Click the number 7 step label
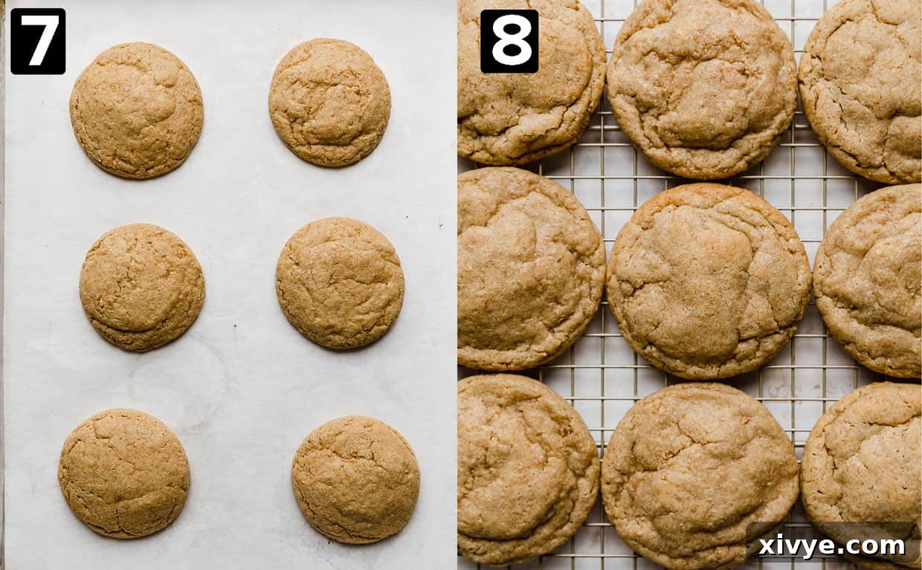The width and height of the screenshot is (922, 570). tap(37, 41)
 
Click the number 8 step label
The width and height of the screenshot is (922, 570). tap(509, 41)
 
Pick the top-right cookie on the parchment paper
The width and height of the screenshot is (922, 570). tap(329, 102)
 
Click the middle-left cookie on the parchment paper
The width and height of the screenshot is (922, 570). tap(142, 287)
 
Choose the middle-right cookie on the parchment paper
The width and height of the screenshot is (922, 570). tap(340, 283)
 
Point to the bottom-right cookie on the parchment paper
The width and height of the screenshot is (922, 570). tap(355, 479)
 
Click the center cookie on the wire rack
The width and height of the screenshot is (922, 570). tap(708, 281)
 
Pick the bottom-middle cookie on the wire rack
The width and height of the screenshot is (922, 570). tap(700, 473)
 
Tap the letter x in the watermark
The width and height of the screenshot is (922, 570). tap(767, 547)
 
